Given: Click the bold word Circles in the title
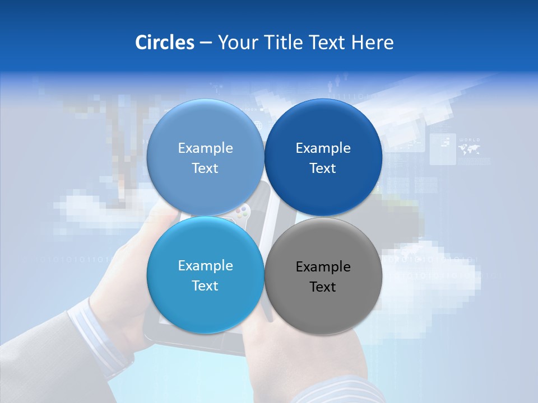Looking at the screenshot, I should click(164, 43).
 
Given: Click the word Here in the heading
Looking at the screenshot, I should click(372, 43).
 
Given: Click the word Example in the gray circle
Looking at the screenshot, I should click(323, 267).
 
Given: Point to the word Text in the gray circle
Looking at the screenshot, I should click(323, 287).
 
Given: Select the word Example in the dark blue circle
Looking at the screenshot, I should click(323, 148).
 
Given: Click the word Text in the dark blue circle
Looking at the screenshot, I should click(323, 168).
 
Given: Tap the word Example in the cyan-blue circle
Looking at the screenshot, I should click(205, 266).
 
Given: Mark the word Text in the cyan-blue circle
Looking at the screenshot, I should click(205, 286).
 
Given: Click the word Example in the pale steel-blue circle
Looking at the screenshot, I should click(205, 148).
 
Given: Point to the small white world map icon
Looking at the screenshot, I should click(469, 149).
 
